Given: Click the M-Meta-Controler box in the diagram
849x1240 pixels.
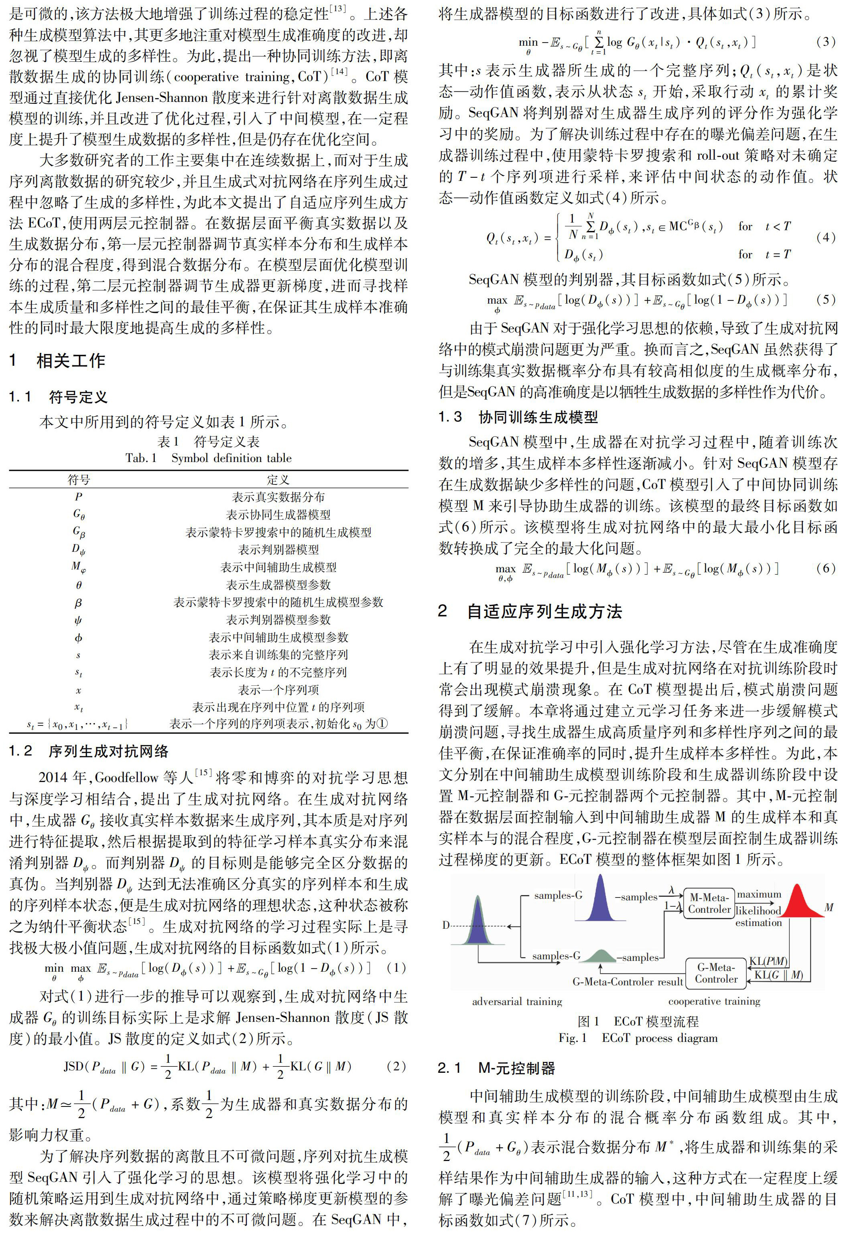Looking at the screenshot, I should click(x=709, y=904).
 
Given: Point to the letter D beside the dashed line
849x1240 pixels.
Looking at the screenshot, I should click(x=446, y=925).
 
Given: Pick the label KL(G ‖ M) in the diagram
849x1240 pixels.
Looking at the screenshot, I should click(x=778, y=975).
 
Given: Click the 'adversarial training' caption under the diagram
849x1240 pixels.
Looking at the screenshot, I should click(x=517, y=1001).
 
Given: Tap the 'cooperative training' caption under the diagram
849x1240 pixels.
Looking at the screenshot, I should click(x=714, y=1001).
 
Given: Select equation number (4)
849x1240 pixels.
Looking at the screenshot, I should click(x=825, y=237).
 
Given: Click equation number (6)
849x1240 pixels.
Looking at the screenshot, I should click(x=825, y=568).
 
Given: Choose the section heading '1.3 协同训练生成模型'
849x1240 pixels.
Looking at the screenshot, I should click(x=518, y=417).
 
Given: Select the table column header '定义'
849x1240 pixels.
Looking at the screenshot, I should click(x=278, y=479).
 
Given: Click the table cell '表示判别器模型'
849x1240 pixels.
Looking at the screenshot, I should click(x=278, y=549).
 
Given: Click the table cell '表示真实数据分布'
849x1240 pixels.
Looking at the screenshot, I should click(x=278, y=497).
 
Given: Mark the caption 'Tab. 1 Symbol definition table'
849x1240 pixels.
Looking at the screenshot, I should click(x=209, y=458).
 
